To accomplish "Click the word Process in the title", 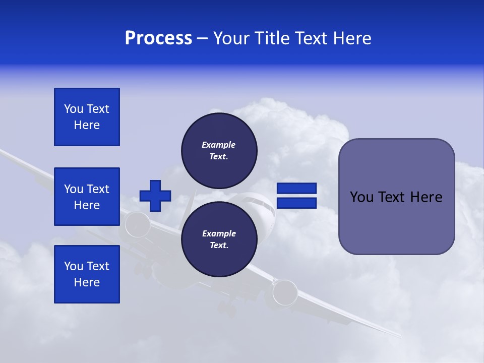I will pos(158,38).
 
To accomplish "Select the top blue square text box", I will pos(87,117).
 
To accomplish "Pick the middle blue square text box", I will pos(87,197).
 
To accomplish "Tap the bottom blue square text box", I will pos(87,274).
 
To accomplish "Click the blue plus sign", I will pos(155,196).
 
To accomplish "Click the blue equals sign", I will pos(297,196).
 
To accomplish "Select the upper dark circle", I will pos(219,151).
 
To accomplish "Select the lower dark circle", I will pos(219,239).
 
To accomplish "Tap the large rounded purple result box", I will pos(396,197).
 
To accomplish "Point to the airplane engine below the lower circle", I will pos(285,292).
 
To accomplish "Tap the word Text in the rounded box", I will pos(394,197).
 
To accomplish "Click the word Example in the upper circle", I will pos(218,145).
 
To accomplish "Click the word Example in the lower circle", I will pos(219,233).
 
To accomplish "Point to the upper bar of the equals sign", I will pos(297,189).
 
